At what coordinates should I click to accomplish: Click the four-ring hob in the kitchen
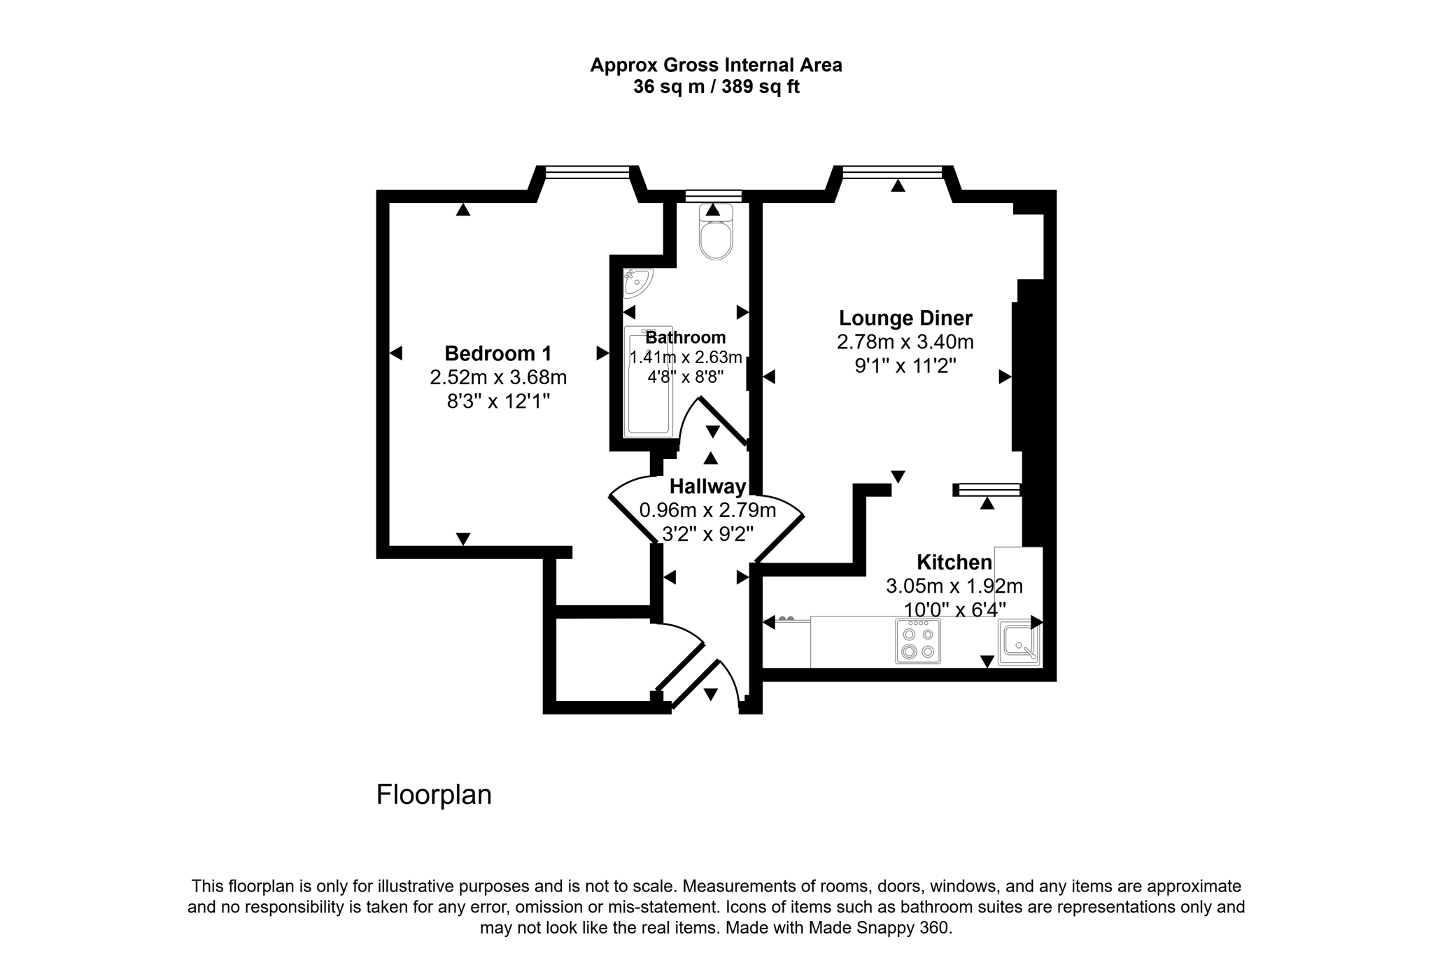(918, 641)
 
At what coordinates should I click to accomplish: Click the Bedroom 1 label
(497, 353)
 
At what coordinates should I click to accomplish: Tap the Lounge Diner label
(905, 318)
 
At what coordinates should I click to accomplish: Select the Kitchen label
(954, 562)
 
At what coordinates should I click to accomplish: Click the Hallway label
(707, 486)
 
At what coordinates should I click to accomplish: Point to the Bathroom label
(685, 337)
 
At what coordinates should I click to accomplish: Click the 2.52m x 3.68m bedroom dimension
(497, 378)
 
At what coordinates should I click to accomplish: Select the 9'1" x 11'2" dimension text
(905, 365)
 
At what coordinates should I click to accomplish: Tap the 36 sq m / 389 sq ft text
(716, 87)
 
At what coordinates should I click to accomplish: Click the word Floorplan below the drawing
(434, 794)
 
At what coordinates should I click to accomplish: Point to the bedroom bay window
(587, 172)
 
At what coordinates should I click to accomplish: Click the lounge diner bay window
(892, 172)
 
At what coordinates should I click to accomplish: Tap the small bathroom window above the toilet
(713, 196)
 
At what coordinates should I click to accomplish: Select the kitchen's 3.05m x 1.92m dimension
(954, 586)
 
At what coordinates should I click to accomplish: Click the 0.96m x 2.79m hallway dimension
(707, 510)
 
